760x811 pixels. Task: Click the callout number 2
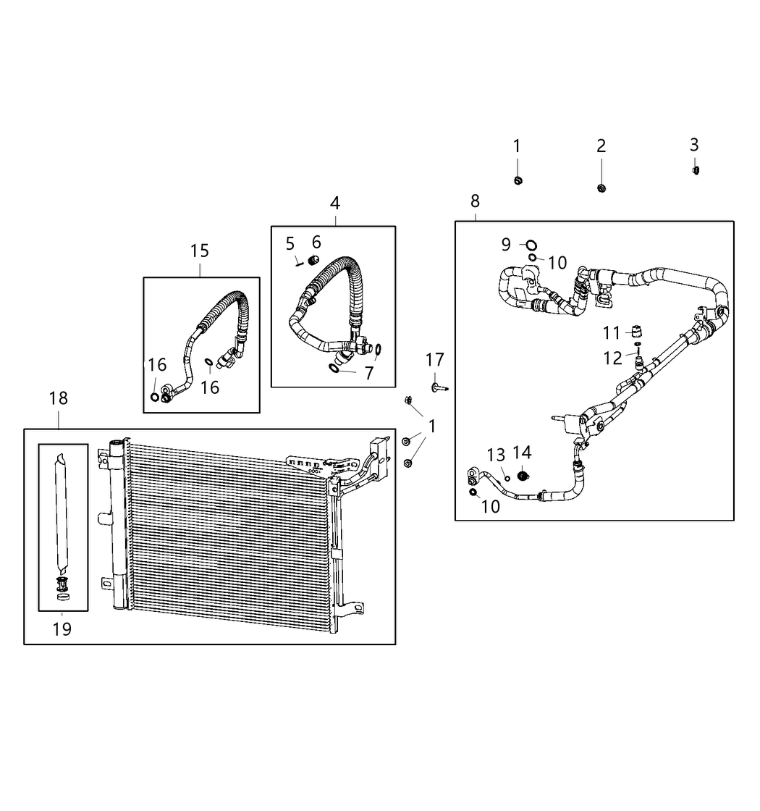pos(601,146)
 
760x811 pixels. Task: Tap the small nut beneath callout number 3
pos(696,170)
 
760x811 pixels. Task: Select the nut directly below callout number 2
pos(601,188)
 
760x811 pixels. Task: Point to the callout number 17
pos(434,359)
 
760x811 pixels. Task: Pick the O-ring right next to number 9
pos(531,244)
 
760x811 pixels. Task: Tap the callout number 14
pos(522,453)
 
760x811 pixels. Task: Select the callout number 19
pos(62,629)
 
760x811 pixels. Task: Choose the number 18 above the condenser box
pos(59,398)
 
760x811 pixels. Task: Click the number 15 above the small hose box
pos(200,251)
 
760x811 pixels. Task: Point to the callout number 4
pos(335,203)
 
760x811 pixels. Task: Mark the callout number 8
pos(475,201)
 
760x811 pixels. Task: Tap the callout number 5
pos(290,243)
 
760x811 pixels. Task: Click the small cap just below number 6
pos(314,260)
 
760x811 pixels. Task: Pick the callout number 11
pos(612,333)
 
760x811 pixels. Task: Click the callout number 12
pos(612,358)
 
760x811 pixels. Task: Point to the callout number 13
pos(496,455)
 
